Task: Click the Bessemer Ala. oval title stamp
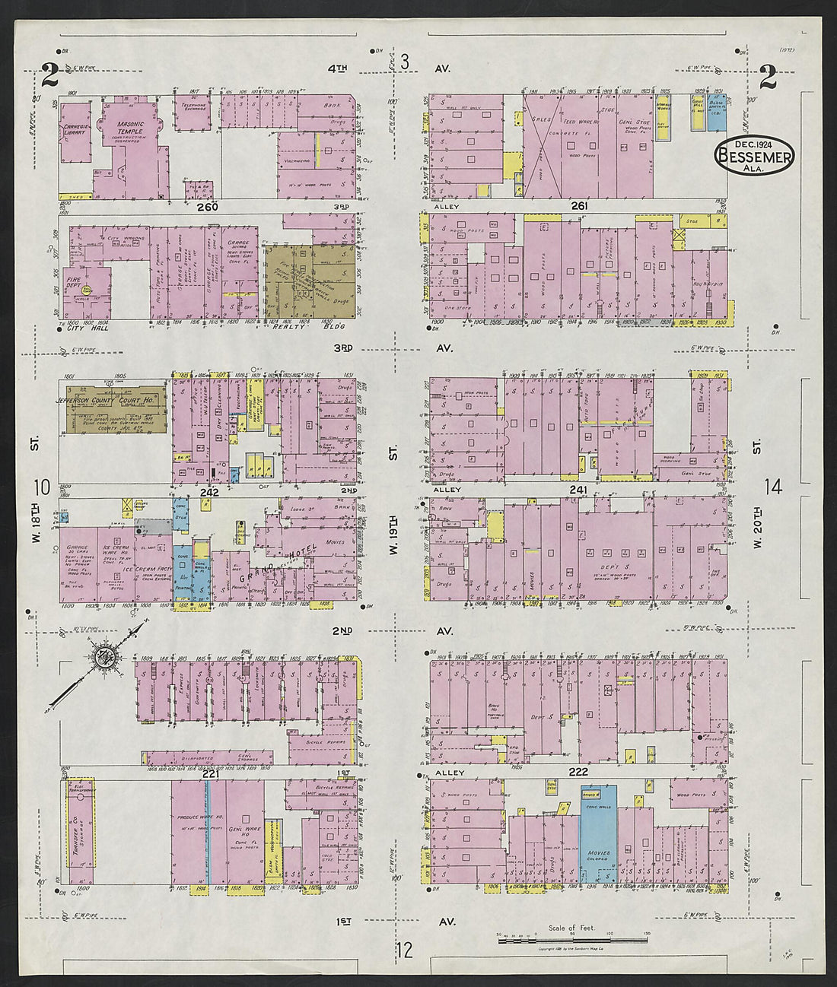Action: point(753,155)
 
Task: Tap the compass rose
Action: point(105,656)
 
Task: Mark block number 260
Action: point(206,207)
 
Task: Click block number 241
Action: point(578,490)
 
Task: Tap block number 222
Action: point(578,771)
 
